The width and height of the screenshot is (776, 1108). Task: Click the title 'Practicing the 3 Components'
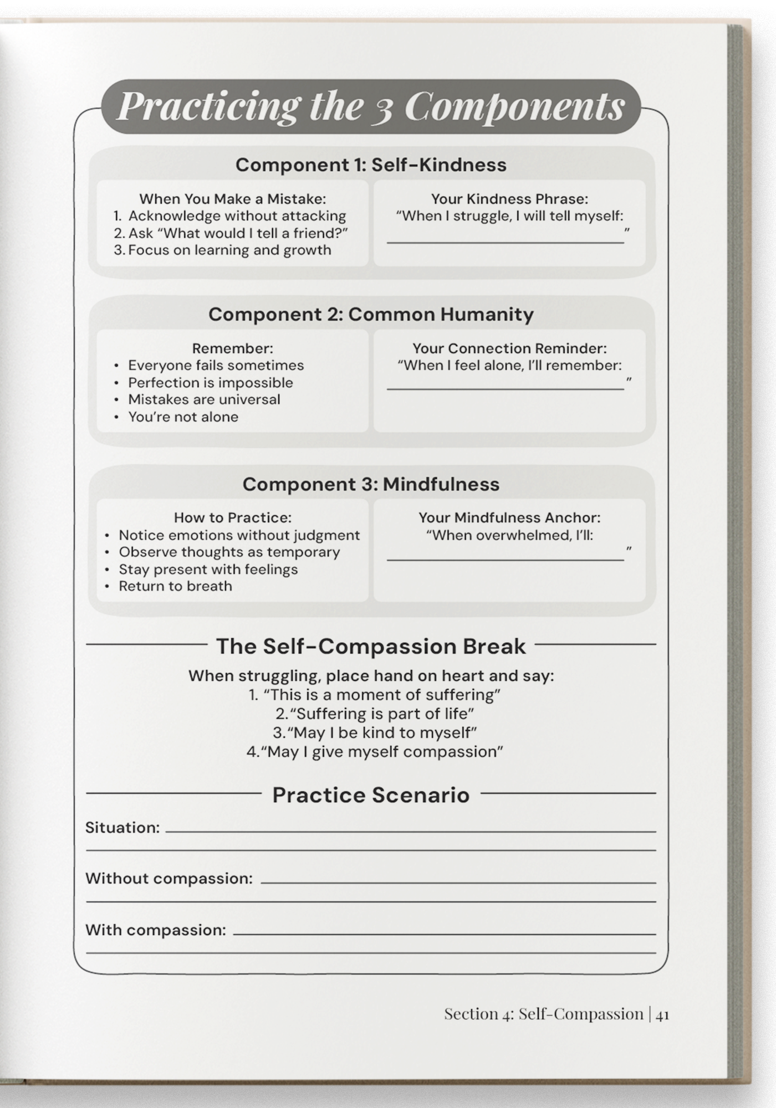[x=371, y=106]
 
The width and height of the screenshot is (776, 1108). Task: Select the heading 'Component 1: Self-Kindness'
[x=371, y=165]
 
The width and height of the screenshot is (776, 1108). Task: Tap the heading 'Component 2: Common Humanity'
[x=371, y=314]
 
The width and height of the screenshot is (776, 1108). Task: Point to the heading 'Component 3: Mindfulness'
[x=371, y=484]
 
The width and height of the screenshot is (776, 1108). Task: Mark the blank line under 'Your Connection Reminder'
[x=505, y=387]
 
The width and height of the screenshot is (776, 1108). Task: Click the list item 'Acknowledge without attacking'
[x=237, y=216]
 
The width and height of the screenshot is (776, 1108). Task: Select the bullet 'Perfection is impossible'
[x=211, y=382]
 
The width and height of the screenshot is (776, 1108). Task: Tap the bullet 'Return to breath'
[x=175, y=586]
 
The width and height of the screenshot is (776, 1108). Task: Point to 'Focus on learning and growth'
[x=229, y=250]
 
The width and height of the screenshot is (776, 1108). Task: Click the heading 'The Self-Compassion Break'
[x=371, y=646]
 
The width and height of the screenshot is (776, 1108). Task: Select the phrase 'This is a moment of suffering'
[x=382, y=695]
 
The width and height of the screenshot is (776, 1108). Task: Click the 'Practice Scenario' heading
[x=371, y=794]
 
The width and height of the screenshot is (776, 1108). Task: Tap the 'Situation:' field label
[x=122, y=828]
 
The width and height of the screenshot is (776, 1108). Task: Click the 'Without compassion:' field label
[x=169, y=879]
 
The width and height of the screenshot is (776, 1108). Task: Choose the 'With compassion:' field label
[x=156, y=930]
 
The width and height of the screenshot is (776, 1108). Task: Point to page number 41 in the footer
[x=662, y=1014]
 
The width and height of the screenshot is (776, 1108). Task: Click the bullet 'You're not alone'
[x=183, y=417]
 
